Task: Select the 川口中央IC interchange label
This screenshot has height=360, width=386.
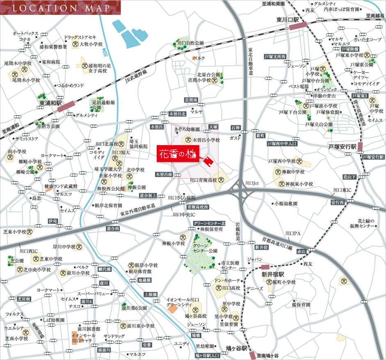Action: pos(183,214)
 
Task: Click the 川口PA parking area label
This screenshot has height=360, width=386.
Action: pos(293,232)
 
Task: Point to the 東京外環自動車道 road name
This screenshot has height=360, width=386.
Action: pos(138,210)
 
